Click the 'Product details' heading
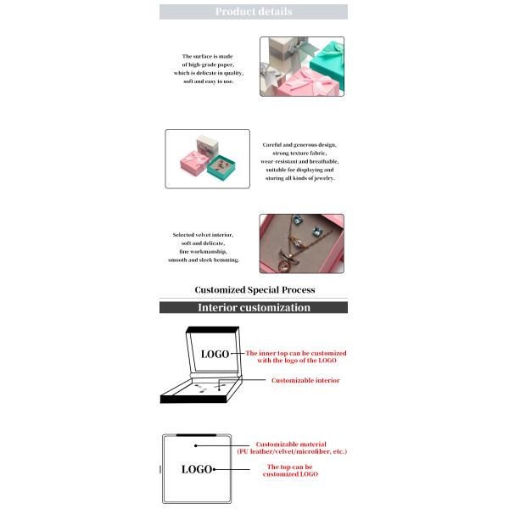click(x=253, y=12)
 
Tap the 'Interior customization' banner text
click(x=254, y=308)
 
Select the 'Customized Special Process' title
click(x=255, y=290)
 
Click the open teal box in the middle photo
click(x=227, y=165)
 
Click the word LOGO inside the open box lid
click(x=215, y=354)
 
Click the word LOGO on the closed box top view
click(x=196, y=469)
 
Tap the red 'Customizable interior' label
click(x=305, y=381)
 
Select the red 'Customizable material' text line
click(x=292, y=444)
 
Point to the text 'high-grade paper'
click(x=208, y=64)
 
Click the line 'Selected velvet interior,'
click(x=203, y=234)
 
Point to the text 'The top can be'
click(x=292, y=467)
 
